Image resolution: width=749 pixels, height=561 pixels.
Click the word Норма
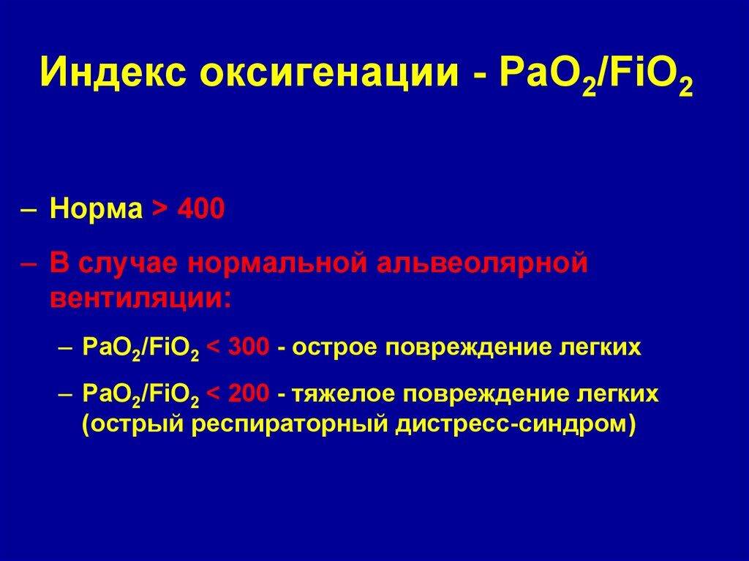click(x=96, y=210)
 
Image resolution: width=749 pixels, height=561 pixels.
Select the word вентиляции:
click(x=139, y=298)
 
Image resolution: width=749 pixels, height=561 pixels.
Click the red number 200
click(x=249, y=395)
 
